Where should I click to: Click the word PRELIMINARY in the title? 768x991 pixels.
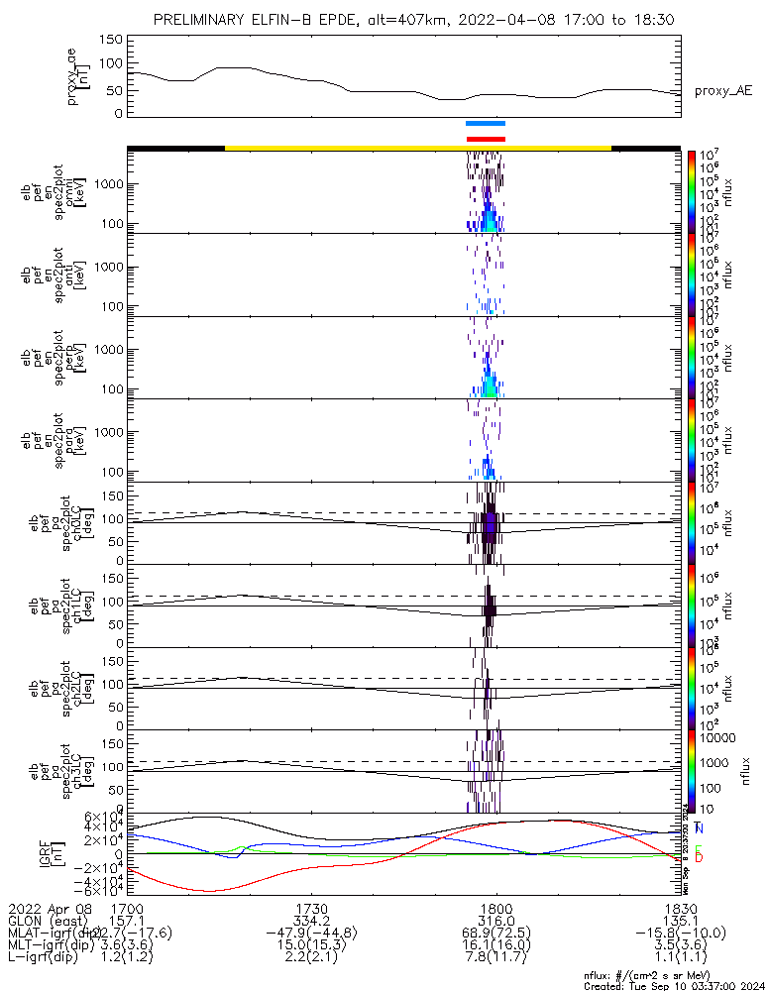click(200, 20)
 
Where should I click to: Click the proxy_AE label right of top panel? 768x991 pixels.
click(722, 91)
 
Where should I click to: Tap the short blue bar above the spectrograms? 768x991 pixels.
click(486, 124)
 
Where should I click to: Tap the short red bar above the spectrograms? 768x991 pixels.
click(486, 139)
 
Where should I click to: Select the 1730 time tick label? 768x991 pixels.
click(312, 909)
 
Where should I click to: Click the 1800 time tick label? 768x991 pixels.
click(495, 909)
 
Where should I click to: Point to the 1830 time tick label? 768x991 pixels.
click(680, 909)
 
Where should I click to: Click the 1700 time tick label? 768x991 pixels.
click(128, 909)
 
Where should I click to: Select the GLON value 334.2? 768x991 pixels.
click(312, 921)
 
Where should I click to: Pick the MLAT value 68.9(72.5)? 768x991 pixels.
click(495, 933)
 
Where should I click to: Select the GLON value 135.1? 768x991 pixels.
click(680, 921)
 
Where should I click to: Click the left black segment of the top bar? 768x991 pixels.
click(175, 148)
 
